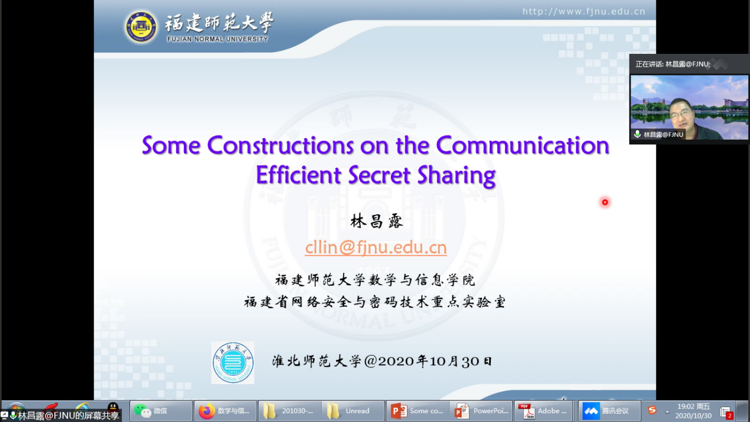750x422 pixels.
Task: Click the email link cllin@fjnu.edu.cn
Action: (376, 247)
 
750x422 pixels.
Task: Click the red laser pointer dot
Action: (604, 202)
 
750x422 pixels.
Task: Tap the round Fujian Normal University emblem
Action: (141, 27)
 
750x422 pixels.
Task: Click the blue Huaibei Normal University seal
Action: (232, 362)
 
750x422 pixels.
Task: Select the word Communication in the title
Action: (522, 146)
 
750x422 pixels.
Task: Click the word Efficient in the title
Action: (299, 175)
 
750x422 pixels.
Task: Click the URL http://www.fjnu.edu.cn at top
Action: (584, 12)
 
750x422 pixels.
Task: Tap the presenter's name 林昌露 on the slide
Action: (376, 221)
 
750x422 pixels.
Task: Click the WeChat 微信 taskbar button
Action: (161, 411)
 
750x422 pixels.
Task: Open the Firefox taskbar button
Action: (225, 411)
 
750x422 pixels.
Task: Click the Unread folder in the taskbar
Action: (354, 411)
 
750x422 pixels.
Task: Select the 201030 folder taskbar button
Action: (290, 411)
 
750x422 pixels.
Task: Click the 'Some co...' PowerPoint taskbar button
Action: (418, 411)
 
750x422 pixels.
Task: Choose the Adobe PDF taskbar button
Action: (543, 411)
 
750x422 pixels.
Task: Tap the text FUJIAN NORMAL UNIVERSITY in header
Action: (218, 39)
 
